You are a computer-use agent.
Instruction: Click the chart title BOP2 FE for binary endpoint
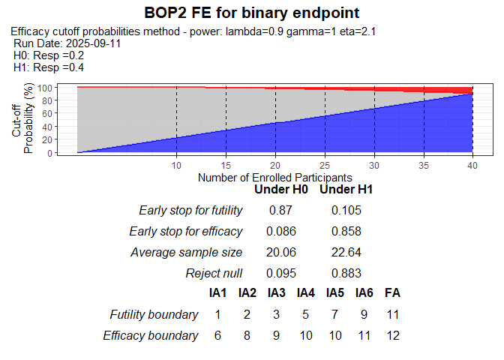[251, 13]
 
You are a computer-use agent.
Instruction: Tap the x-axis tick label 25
[324, 166]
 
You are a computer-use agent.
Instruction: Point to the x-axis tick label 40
[472, 166]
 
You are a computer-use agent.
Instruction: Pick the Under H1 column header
[346, 190]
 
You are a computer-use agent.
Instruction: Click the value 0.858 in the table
[346, 231]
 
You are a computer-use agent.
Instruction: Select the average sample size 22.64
[346, 252]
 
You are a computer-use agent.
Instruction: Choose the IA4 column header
[305, 293]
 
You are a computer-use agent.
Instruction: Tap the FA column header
[391, 293]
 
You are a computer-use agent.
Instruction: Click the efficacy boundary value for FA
[391, 335]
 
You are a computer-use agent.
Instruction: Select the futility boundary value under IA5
[335, 314]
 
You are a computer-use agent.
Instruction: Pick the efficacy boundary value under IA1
[217, 335]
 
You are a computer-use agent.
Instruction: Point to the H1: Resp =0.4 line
[49, 67]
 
